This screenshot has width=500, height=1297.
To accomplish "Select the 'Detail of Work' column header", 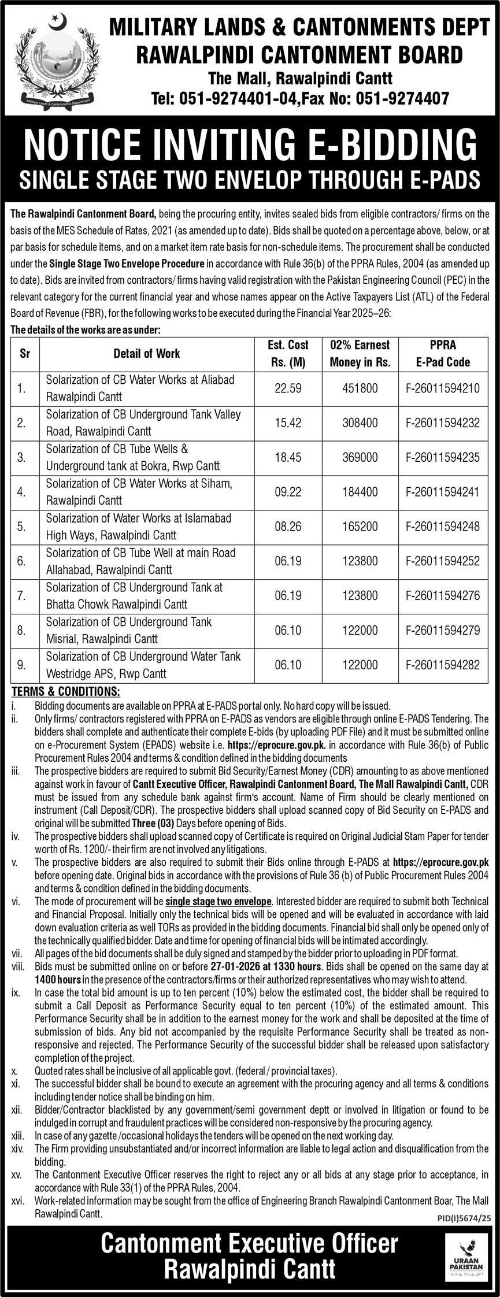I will tap(146, 354).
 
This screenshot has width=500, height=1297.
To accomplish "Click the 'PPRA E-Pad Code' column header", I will tap(443, 354).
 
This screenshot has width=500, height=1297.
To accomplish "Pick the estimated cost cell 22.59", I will tap(288, 388).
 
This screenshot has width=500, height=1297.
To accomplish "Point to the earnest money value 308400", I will tap(360, 423).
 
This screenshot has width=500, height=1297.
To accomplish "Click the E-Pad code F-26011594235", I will tap(443, 458).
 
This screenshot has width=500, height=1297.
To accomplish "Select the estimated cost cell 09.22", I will tap(288, 492).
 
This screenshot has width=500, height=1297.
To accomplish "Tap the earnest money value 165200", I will tap(360, 527).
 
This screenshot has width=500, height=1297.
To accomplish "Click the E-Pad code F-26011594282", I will tap(443, 665).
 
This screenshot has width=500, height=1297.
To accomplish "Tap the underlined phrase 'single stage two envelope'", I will tap(218, 902).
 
